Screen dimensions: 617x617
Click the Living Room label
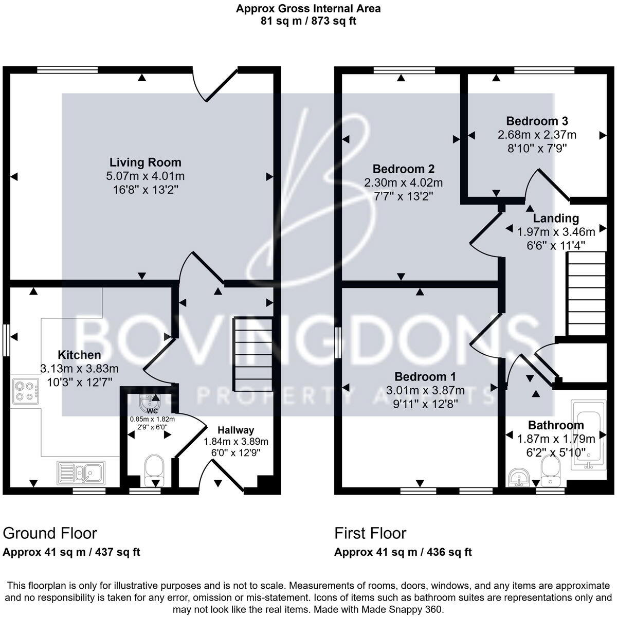point(142,162)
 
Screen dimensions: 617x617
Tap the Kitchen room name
point(79,355)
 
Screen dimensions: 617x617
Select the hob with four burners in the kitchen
point(26,390)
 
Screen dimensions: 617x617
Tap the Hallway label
point(235,430)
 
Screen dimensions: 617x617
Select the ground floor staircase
point(252,354)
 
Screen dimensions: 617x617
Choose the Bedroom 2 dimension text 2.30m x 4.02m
point(403,183)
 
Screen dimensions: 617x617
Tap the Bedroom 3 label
point(537,121)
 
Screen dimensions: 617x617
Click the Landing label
point(555,218)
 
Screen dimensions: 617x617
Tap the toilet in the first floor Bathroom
point(550,470)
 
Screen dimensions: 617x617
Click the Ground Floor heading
point(50,533)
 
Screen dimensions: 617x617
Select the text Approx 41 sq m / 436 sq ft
point(403,552)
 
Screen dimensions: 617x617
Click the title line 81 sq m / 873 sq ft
point(308,21)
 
